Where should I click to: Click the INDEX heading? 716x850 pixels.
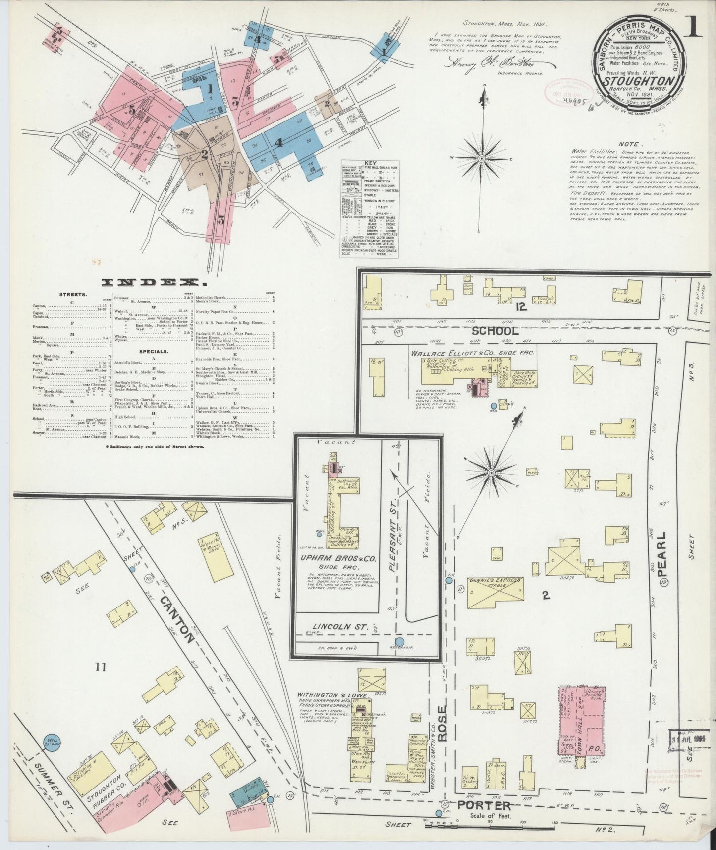(x=154, y=283)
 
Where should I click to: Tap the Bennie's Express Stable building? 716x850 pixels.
(x=495, y=593)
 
